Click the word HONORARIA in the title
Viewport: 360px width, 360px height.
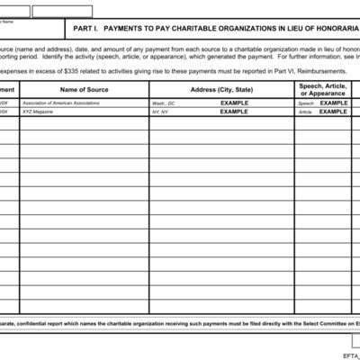click(334, 28)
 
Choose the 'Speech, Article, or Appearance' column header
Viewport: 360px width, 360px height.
click(322, 89)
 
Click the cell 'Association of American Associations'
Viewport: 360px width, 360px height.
click(60, 103)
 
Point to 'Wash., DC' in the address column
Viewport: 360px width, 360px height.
click(165, 103)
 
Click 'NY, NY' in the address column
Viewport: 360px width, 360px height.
click(160, 112)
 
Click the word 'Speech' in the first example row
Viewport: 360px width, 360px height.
click(306, 103)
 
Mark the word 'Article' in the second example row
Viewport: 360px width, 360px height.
click(306, 112)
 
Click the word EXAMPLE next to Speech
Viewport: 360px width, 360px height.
click(333, 103)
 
